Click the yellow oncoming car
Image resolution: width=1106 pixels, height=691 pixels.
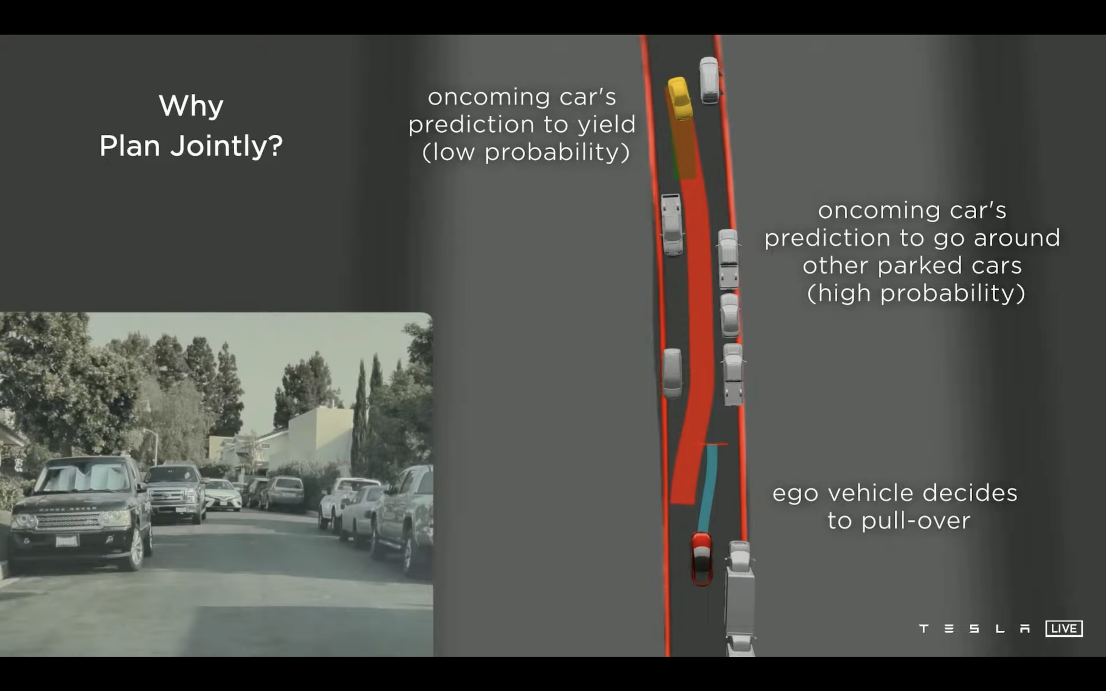680,98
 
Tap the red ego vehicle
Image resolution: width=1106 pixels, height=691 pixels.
702,558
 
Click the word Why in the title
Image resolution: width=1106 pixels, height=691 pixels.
191,105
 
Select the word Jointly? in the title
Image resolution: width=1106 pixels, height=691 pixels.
227,146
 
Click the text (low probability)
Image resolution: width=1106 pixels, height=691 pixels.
526,152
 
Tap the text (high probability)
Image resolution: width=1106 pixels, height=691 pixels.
916,293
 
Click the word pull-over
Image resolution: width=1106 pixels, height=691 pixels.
916,521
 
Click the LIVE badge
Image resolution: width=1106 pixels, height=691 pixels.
1064,628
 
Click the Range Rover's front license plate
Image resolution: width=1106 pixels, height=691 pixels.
66,541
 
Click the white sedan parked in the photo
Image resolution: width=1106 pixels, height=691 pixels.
222,494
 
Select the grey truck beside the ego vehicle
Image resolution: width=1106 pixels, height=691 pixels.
740,598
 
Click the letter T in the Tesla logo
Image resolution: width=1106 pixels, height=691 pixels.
924,628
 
